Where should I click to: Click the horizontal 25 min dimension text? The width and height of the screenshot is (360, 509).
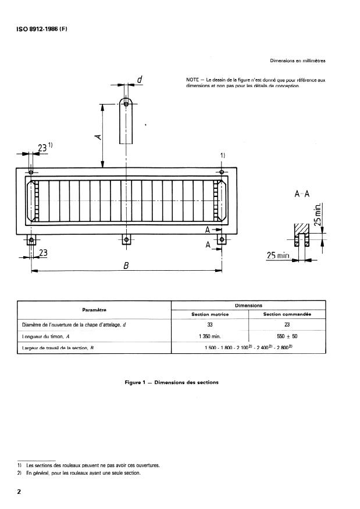pyautogui.click(x=277, y=256)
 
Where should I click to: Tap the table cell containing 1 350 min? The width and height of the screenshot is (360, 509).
pyautogui.click(x=209, y=336)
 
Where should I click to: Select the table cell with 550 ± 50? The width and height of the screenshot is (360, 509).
pyautogui.click(x=287, y=336)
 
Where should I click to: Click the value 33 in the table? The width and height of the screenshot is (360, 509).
pyautogui.click(x=209, y=325)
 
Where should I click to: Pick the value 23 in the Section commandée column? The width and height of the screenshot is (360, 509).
pyautogui.click(x=287, y=325)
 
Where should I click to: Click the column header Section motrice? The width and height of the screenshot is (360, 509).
pyautogui.click(x=209, y=314)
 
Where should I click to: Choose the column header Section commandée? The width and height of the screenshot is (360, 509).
pyautogui.click(x=287, y=314)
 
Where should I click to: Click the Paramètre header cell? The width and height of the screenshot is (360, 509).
pyautogui.click(x=94, y=310)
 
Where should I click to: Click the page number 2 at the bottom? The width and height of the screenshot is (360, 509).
pyautogui.click(x=19, y=492)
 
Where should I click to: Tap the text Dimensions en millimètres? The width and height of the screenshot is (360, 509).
pyautogui.click(x=298, y=60)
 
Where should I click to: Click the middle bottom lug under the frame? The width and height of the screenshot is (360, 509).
pyautogui.click(x=126, y=239)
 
